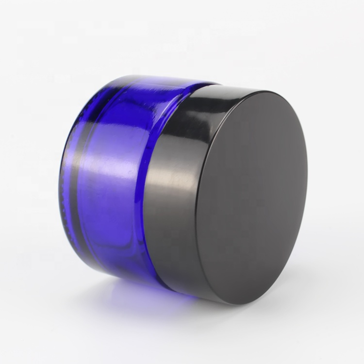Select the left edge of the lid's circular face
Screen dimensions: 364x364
click(x=197, y=204)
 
